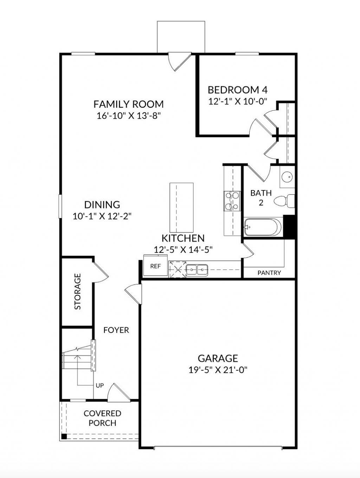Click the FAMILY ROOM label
[129, 104]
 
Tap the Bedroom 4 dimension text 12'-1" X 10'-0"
[238, 101]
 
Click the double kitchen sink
[197, 270]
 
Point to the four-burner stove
[232, 201]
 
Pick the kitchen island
[181, 208]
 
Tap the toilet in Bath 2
[284, 201]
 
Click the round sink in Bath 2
[287, 177]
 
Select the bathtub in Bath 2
[263, 227]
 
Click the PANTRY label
[269, 273]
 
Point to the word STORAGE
[78, 292]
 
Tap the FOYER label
[116, 330]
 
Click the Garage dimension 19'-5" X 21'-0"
[218, 370]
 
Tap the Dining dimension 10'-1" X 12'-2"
[102, 216]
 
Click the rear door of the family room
[180, 61]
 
